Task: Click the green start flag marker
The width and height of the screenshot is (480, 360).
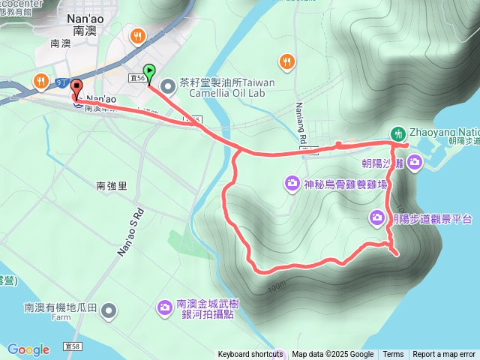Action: (x=148, y=73)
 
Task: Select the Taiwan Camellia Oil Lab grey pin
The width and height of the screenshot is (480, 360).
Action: (x=166, y=83)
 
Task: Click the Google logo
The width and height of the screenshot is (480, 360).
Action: (x=28, y=349)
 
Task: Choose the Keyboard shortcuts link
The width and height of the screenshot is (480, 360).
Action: (x=250, y=355)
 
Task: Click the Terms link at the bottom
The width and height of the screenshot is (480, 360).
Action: (x=393, y=355)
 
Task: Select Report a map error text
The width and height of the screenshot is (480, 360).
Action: (x=444, y=355)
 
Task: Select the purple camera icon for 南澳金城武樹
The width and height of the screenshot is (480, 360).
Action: (x=164, y=307)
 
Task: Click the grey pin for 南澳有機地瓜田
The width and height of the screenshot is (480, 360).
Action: (x=109, y=310)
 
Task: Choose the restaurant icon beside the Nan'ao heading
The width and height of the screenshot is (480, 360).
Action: (x=136, y=35)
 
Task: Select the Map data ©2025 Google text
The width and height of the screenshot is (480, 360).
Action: (x=333, y=355)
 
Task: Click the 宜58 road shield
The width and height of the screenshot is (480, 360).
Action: (x=73, y=346)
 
